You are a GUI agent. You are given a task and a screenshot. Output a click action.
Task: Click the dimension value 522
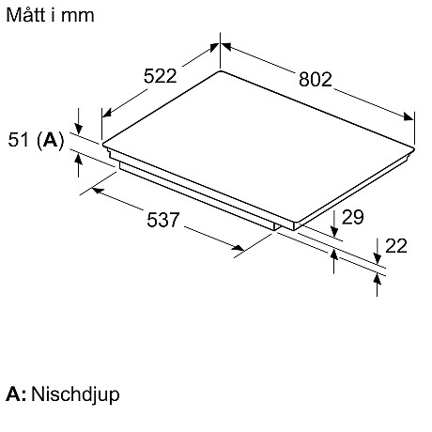[x=161, y=76]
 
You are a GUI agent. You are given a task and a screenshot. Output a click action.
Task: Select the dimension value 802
[x=316, y=79]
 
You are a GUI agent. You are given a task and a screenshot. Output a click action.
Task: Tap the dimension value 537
[x=163, y=220]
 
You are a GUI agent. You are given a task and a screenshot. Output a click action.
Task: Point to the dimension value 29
[x=353, y=217]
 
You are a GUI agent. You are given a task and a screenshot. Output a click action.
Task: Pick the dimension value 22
[x=396, y=246]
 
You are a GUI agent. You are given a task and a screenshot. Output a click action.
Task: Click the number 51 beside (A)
[x=18, y=140]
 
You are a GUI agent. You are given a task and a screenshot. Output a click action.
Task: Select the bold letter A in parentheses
[x=51, y=140]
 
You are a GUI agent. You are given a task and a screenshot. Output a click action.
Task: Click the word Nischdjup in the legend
[x=75, y=394]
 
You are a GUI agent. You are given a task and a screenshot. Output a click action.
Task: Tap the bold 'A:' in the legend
[x=16, y=393]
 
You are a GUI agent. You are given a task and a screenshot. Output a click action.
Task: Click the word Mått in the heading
[x=26, y=15]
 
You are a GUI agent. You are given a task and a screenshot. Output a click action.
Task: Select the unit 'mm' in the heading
[x=78, y=16]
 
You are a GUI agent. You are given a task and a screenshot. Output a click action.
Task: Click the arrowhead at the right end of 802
[x=409, y=116]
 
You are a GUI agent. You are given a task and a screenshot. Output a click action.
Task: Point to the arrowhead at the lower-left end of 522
[x=107, y=113]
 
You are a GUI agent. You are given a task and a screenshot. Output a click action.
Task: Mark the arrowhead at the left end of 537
[x=99, y=191]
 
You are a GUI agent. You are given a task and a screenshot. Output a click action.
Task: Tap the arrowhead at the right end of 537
[x=239, y=248]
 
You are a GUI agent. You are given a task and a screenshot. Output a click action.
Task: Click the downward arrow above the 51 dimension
[x=79, y=121]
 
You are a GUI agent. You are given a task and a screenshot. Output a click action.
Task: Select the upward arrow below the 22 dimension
[x=378, y=285]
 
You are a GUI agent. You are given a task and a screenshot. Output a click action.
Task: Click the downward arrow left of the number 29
[x=334, y=224]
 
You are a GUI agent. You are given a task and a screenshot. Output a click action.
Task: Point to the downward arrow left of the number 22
[x=378, y=251]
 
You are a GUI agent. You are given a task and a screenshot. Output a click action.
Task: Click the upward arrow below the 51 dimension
[x=79, y=165]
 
